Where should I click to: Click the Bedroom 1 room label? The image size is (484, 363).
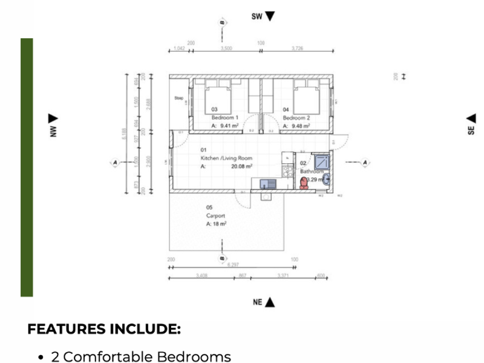224,117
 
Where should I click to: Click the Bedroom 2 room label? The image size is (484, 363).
296,117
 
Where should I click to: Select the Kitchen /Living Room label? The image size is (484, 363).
226,157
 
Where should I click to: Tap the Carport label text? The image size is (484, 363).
215,215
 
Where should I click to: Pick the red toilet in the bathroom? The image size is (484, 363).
304,182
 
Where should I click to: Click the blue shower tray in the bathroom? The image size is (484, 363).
322,161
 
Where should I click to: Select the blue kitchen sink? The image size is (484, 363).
267,182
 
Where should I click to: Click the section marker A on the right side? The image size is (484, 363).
365,162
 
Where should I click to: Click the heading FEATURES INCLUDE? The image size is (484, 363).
104,330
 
